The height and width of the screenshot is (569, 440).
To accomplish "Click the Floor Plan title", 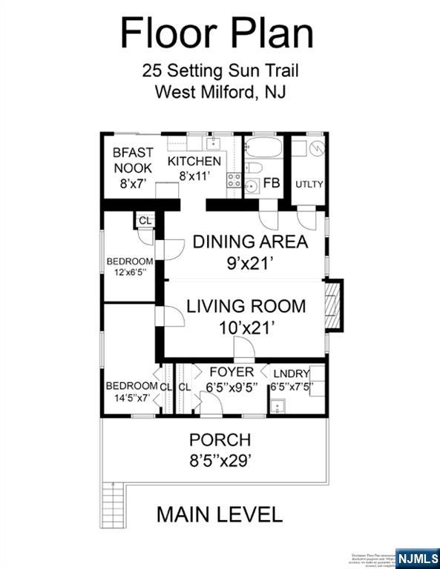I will click(217, 33).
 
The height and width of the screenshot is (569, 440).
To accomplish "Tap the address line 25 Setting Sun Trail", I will click(220, 72).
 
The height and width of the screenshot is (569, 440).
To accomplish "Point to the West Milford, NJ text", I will click(220, 93).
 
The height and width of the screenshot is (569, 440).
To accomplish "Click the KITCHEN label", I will click(194, 161).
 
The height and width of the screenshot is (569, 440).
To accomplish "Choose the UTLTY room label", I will click(309, 184).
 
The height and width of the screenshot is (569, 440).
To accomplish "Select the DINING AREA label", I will click(250, 242).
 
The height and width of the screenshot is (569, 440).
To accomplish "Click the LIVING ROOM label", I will click(246, 305).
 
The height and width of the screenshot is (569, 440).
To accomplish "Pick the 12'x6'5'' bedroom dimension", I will click(130, 272).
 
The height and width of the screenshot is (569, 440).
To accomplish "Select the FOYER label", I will click(231, 372).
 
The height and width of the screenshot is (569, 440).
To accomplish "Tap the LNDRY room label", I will click(289, 373).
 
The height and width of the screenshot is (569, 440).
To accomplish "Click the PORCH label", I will click(220, 439).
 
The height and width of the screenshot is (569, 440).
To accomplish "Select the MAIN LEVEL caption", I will click(219, 514).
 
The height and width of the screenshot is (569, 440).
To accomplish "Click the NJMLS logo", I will click(418, 557).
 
